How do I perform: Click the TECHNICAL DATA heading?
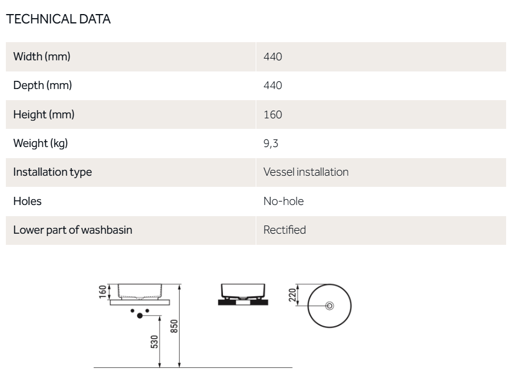(x=59, y=19)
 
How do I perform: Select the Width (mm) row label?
(x=42, y=57)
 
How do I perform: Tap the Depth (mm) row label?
(x=42, y=86)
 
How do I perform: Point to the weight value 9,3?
(x=271, y=144)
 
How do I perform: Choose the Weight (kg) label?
(x=40, y=144)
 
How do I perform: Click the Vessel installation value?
(x=306, y=172)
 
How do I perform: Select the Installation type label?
(x=53, y=172)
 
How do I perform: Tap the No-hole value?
(x=284, y=201)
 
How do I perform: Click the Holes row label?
(x=28, y=201)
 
